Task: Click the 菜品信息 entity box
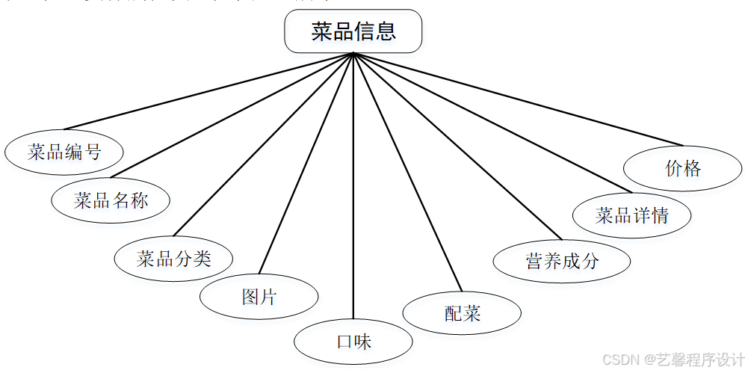(x=353, y=31)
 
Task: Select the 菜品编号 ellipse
(x=64, y=152)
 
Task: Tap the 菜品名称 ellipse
(x=111, y=200)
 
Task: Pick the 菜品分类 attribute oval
(x=173, y=259)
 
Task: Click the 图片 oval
(x=259, y=297)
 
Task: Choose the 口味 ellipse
(x=353, y=342)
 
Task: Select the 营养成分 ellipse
(x=562, y=262)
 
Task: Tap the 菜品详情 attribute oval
(x=631, y=216)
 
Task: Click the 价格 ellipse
(x=682, y=168)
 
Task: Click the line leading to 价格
(x=519, y=99)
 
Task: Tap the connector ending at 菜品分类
(x=263, y=144)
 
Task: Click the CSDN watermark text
(x=673, y=360)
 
